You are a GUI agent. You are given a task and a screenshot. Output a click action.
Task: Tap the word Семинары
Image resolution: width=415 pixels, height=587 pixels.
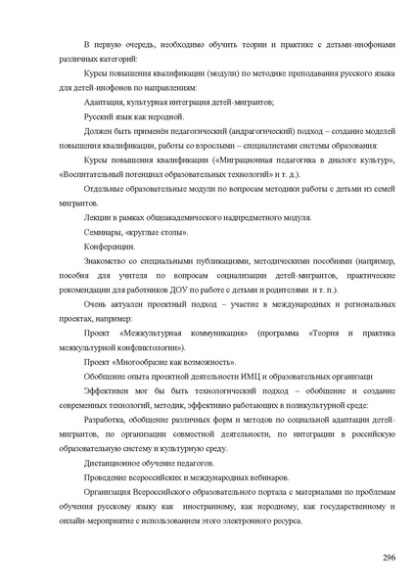coord(102,232)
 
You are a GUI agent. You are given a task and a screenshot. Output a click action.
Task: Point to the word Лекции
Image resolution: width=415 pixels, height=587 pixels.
coord(97,216)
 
